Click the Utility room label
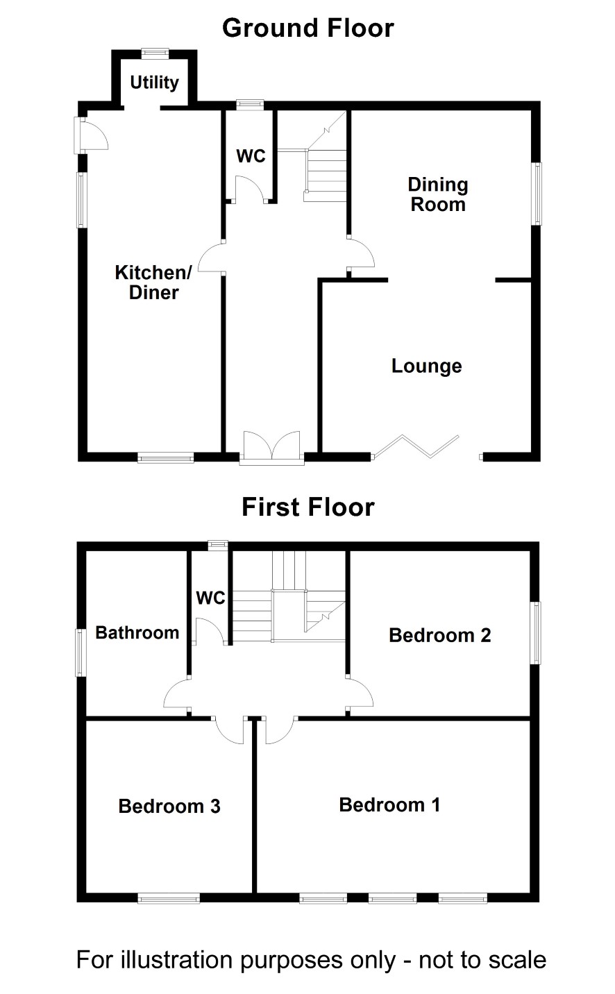(x=154, y=83)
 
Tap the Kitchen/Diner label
(x=153, y=283)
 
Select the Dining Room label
(x=438, y=194)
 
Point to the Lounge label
(x=426, y=366)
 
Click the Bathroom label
(x=137, y=633)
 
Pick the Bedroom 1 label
(x=389, y=805)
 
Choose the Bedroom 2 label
(x=439, y=635)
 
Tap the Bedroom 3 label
(x=169, y=807)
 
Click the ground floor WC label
(x=251, y=156)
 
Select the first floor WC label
(x=211, y=598)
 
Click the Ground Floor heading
(x=308, y=28)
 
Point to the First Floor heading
(x=308, y=507)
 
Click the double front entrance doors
(x=271, y=446)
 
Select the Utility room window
(x=155, y=53)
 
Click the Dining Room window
(x=537, y=194)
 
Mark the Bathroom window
(x=81, y=652)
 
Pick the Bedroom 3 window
(x=169, y=899)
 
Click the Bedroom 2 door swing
(x=360, y=694)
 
